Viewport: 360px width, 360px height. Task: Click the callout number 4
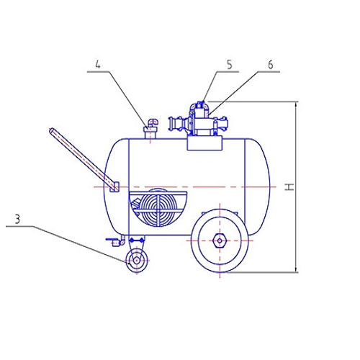[x=98, y=64]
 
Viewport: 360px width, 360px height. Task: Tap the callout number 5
[x=230, y=64]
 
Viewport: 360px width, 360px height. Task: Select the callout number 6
[x=271, y=64]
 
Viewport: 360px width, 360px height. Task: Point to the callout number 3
[x=17, y=219]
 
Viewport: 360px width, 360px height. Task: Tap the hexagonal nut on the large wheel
[x=220, y=240]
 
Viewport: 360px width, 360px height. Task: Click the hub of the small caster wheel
[x=137, y=261]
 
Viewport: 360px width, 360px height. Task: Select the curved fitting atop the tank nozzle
[x=153, y=122]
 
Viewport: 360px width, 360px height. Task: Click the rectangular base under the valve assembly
[x=204, y=143]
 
